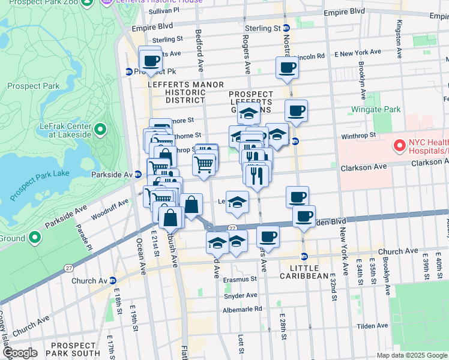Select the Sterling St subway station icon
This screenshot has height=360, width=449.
coord(286,28)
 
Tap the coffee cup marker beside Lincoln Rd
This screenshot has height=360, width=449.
coord(287,67)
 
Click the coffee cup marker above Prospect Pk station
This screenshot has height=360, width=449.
coord(150,59)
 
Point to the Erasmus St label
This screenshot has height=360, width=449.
coord(240,279)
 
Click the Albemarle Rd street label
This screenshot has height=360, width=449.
coord(242,309)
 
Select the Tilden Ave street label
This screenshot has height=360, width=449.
coord(373,326)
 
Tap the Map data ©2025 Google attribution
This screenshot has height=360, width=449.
coord(412,355)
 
